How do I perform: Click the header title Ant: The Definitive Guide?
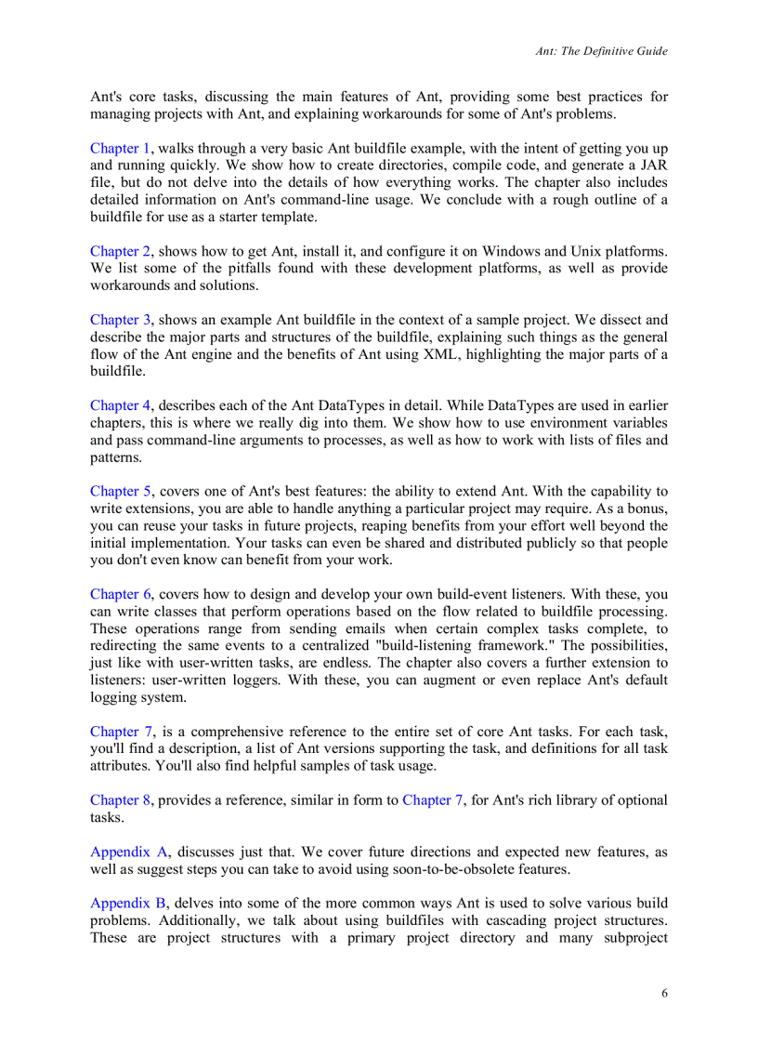(x=601, y=51)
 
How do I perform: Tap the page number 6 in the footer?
(x=663, y=993)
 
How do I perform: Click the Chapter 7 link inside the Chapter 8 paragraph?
(x=432, y=800)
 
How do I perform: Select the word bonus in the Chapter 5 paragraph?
(x=645, y=508)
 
